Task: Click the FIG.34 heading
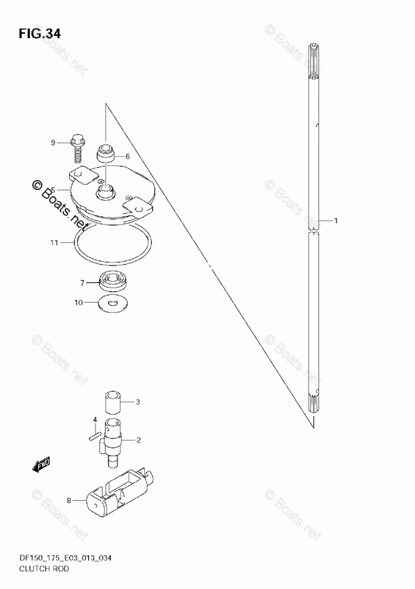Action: point(39,34)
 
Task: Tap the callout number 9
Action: point(53,142)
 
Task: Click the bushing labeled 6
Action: point(106,154)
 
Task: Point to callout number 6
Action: point(128,156)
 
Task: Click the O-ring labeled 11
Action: point(113,244)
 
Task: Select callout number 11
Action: point(54,243)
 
